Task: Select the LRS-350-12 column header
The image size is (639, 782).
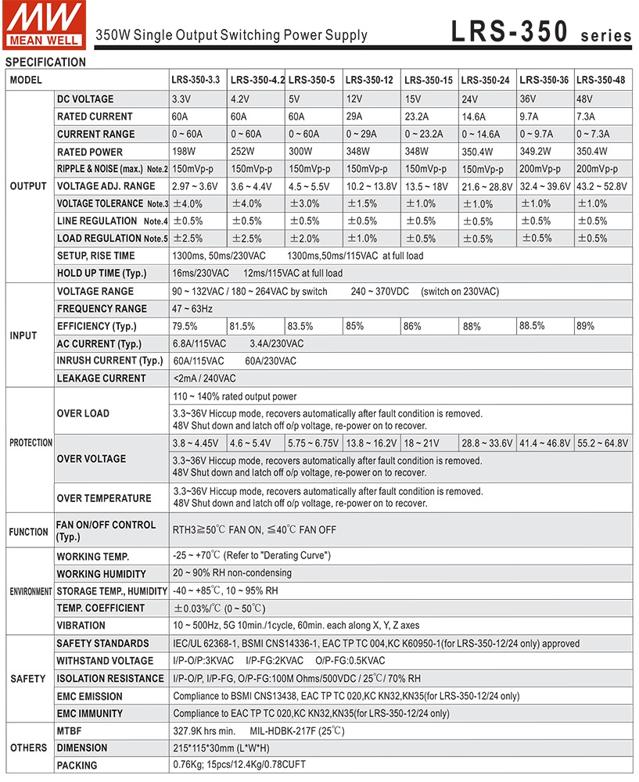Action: [369, 80]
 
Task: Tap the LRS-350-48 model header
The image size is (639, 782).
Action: [601, 80]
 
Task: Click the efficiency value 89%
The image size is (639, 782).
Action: [587, 325]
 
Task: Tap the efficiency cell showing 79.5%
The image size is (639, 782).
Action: [185, 326]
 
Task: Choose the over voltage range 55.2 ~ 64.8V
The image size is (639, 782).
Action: [602, 443]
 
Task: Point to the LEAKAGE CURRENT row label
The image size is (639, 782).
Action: [101, 378]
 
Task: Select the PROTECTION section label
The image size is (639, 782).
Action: [31, 443]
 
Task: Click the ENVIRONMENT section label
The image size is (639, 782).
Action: [31, 592]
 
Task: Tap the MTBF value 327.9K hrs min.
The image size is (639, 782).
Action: [204, 731]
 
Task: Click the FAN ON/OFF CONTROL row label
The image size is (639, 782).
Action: [106, 531]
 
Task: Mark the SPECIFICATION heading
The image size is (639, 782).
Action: [45, 63]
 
